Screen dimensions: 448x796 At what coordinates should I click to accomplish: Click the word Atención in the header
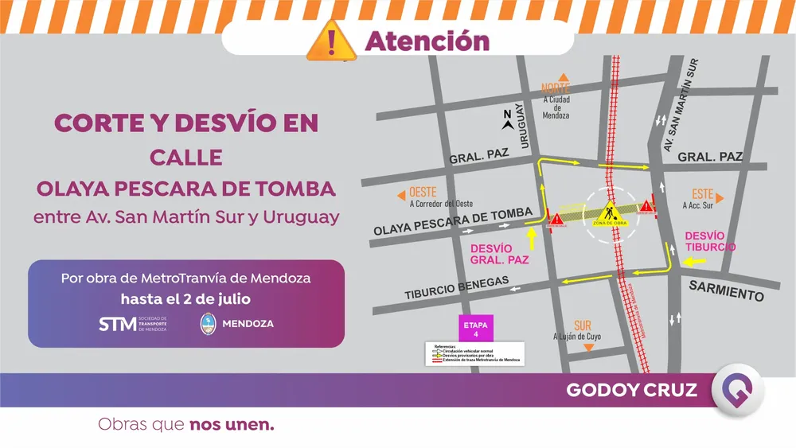[x=427, y=41]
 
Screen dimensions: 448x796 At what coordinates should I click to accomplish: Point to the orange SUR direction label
[x=583, y=325]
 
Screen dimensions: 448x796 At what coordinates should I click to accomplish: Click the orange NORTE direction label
[x=556, y=88]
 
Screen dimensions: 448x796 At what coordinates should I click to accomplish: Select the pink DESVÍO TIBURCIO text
[x=705, y=241]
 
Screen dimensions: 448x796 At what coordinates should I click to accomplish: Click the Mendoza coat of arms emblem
[x=209, y=323]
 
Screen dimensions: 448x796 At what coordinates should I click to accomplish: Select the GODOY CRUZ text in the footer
[x=631, y=390]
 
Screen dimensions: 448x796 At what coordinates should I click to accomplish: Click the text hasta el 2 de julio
[x=185, y=298]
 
